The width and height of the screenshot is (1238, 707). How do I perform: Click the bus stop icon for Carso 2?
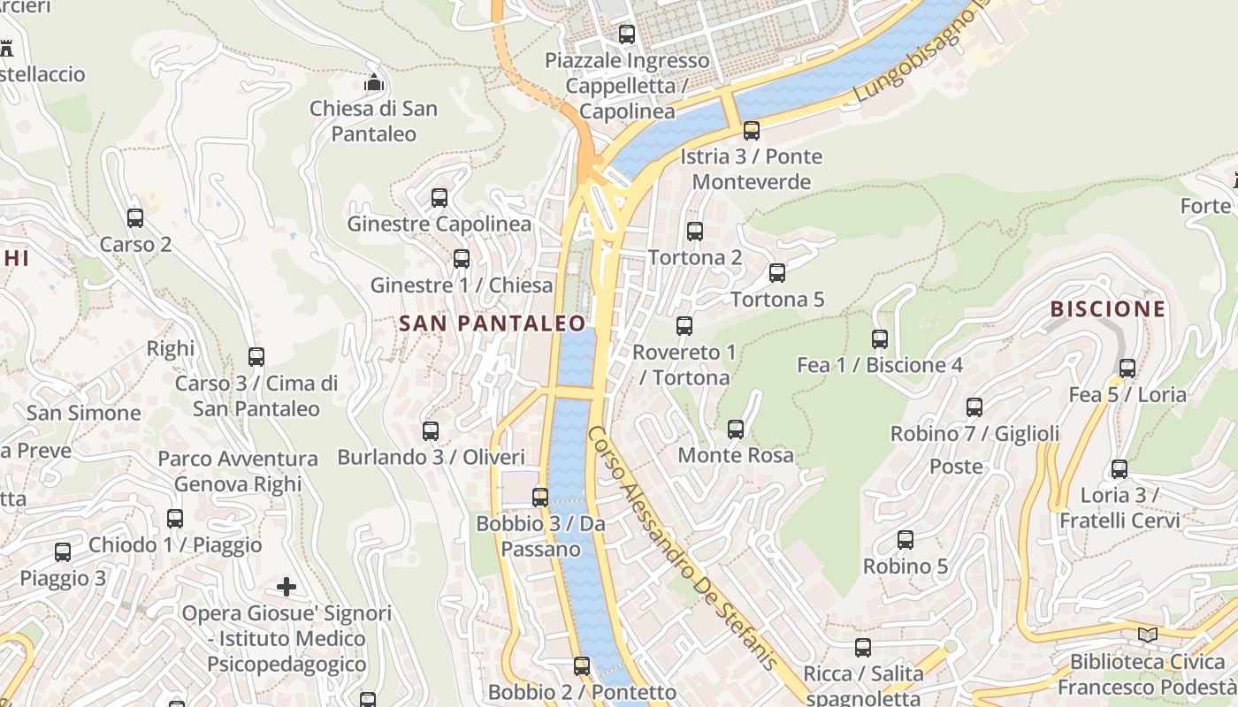tap(135, 217)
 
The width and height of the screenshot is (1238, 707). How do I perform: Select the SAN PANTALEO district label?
tap(493, 323)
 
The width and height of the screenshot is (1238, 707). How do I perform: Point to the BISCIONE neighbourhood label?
tap(1108, 309)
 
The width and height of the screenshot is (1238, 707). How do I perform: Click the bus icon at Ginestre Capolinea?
tap(439, 197)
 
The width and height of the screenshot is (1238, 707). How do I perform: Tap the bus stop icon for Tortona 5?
tap(777, 272)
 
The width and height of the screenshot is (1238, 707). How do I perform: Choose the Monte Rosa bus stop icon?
tap(736, 430)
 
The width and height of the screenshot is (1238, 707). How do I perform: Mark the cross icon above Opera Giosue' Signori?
tap(287, 587)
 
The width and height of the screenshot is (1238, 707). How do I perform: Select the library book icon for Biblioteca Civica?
tap(1148, 635)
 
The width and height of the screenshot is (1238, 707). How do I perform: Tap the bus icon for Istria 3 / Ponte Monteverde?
tap(752, 131)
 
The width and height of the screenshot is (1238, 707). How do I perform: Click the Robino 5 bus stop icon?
tap(906, 539)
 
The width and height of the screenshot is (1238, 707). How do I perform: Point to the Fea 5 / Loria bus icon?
tap(1127, 368)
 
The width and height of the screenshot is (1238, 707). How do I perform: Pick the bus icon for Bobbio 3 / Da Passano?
tap(540, 497)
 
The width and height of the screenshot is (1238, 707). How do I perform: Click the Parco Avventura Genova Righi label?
tap(238, 471)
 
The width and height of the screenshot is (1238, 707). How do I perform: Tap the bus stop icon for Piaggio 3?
tap(63, 552)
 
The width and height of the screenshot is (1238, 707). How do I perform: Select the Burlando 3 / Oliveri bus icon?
tap(431, 431)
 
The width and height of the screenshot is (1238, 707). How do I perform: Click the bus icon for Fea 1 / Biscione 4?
tap(880, 338)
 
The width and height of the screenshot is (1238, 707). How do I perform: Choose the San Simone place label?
tap(83, 413)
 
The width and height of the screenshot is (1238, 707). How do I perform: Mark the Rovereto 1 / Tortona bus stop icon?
tap(684, 325)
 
